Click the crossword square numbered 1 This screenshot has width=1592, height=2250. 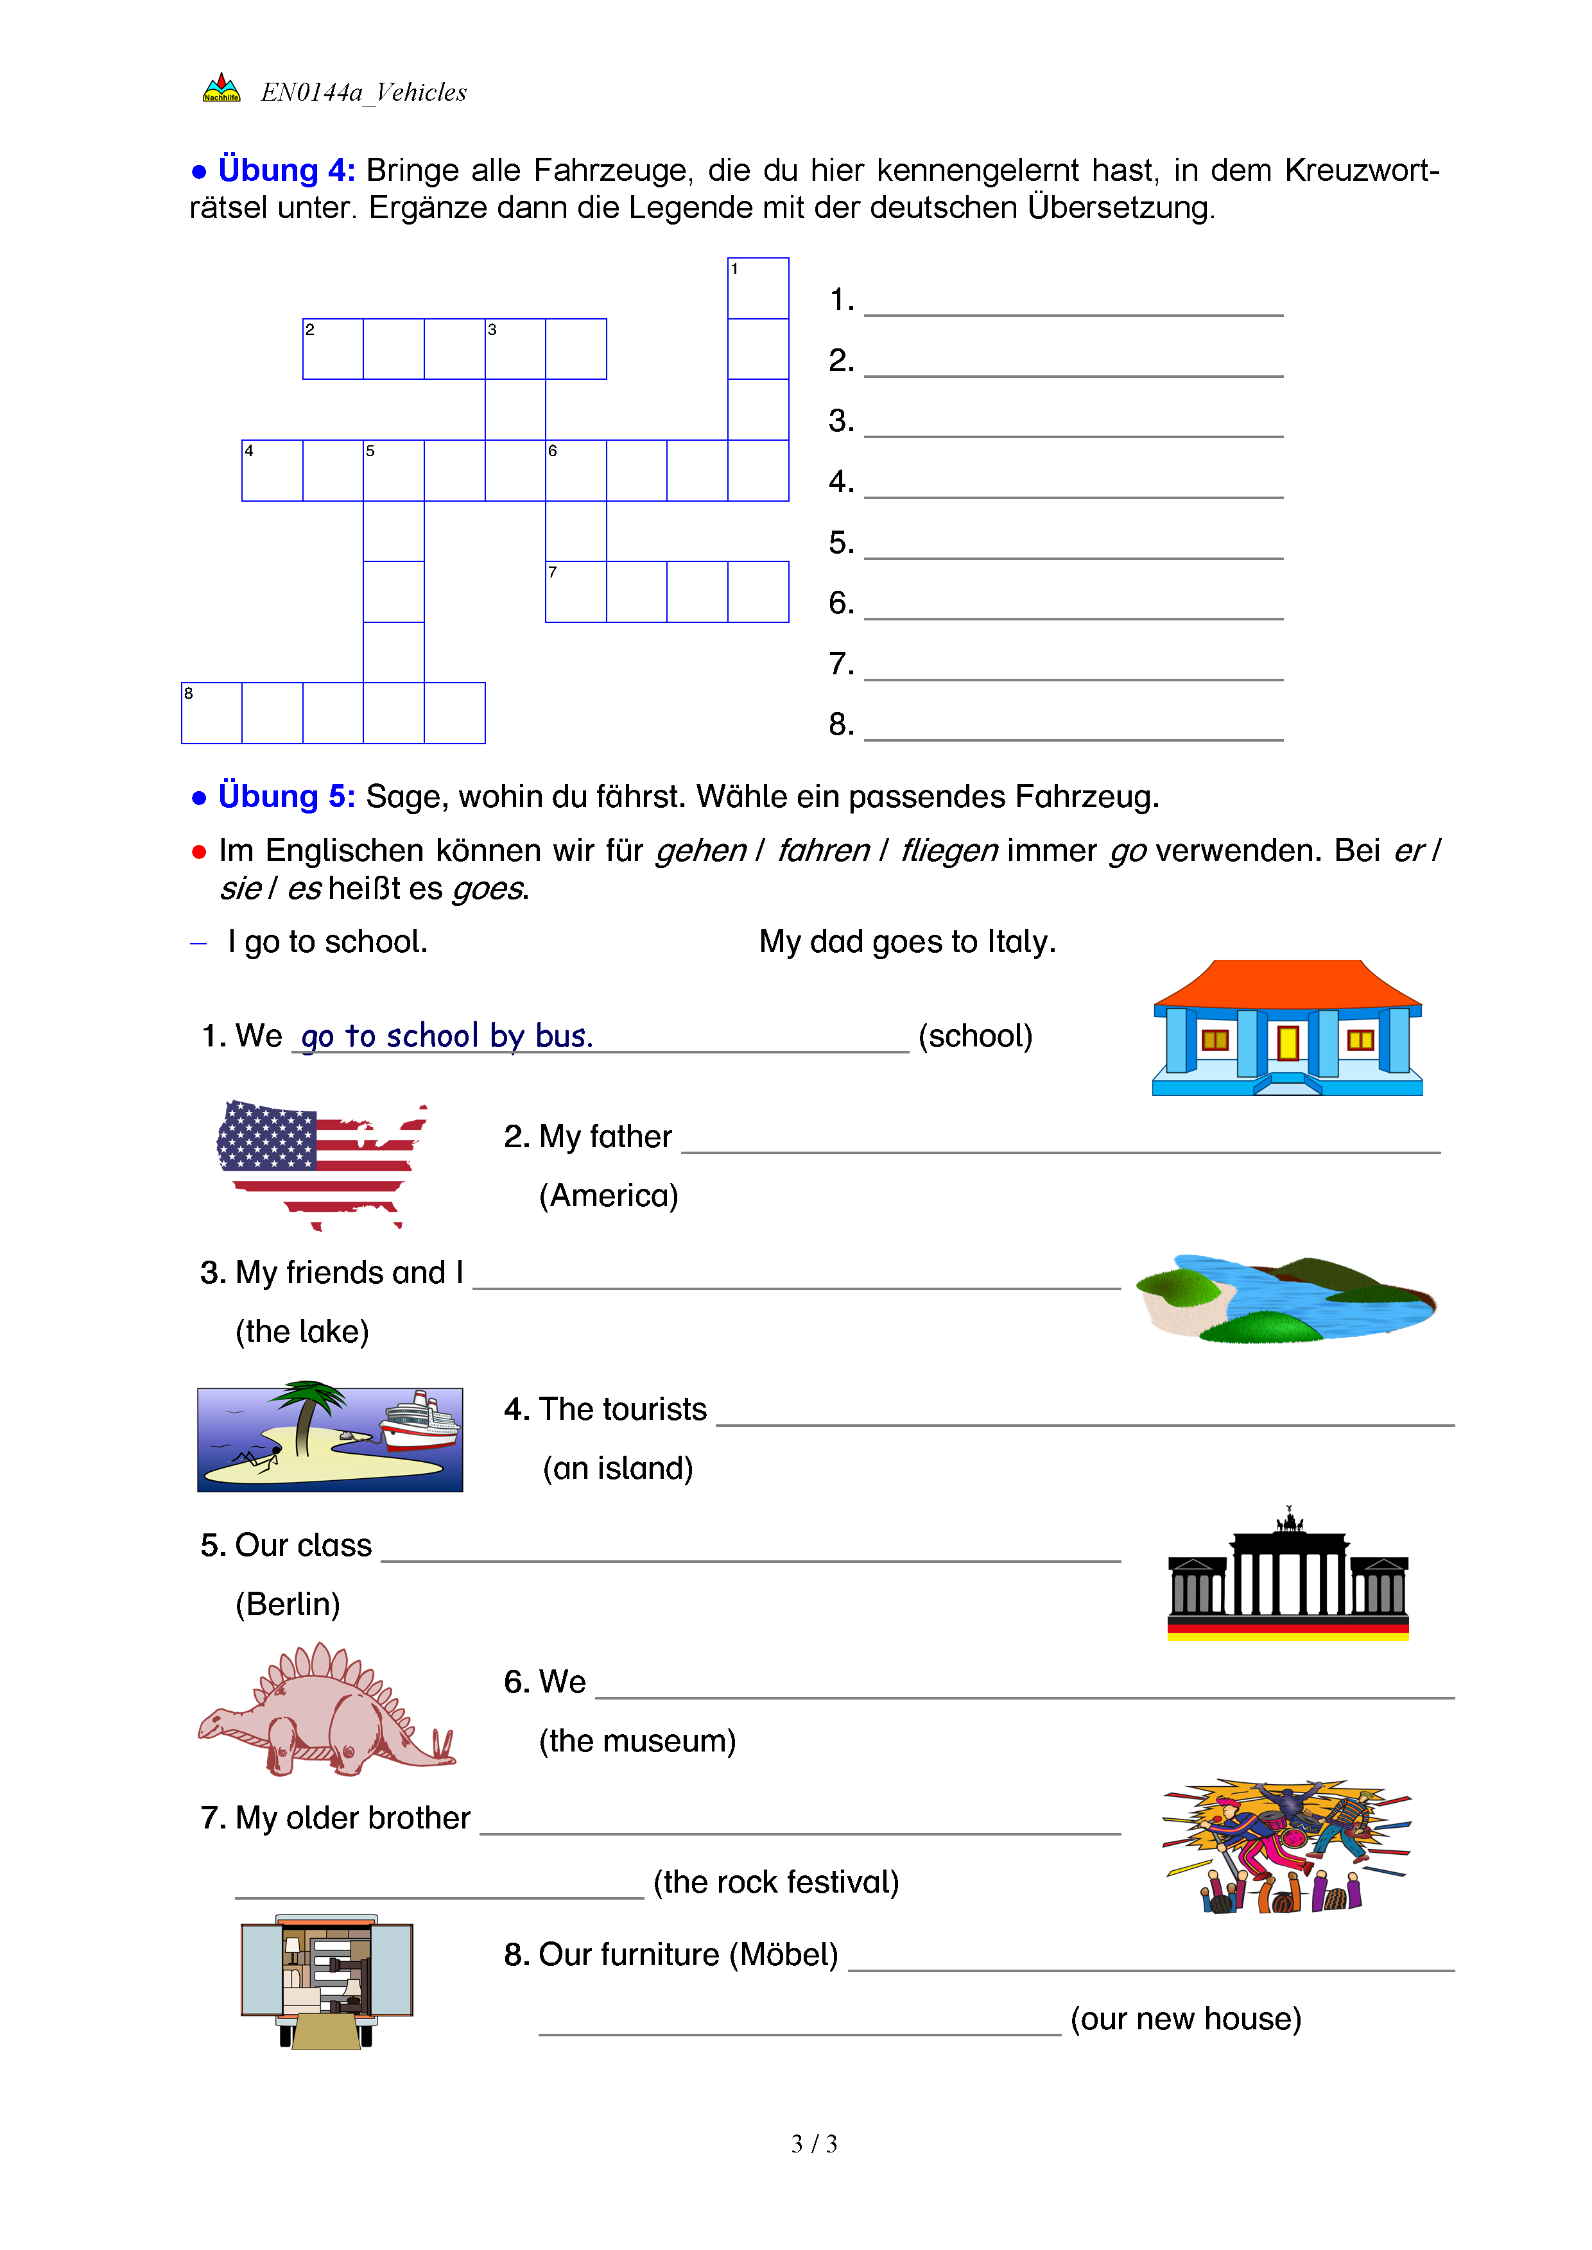757,288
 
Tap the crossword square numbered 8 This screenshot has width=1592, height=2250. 212,712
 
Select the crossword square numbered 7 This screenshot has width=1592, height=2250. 575,592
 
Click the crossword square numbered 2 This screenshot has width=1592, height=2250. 333,349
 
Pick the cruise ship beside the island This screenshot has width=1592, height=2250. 420,1423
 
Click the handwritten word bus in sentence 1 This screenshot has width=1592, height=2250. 564,1036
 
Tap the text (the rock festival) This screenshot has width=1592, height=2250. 775,1882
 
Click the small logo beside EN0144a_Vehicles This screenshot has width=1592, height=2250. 221,89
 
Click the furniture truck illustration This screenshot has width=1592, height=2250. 327,1981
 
